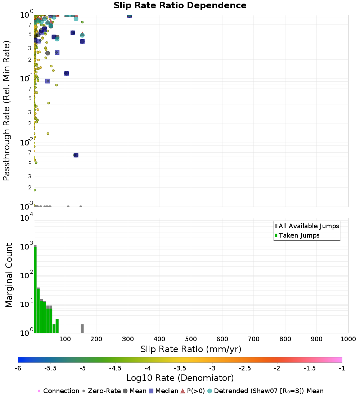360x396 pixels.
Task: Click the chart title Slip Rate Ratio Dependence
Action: point(180,6)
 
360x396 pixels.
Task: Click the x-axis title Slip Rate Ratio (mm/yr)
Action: point(191,349)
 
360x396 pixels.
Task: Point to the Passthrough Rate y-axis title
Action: point(6,111)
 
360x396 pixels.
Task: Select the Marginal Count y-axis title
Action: point(9,275)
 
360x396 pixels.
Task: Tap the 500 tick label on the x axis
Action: point(191,339)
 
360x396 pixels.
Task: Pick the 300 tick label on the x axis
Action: point(128,339)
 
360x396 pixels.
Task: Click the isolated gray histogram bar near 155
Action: point(82,329)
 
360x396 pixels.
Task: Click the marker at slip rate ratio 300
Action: point(130,15)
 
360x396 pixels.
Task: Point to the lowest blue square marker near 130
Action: point(76,155)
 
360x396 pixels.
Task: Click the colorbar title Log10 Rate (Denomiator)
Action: point(180,378)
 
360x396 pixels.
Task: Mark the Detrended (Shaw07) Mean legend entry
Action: point(269,391)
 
